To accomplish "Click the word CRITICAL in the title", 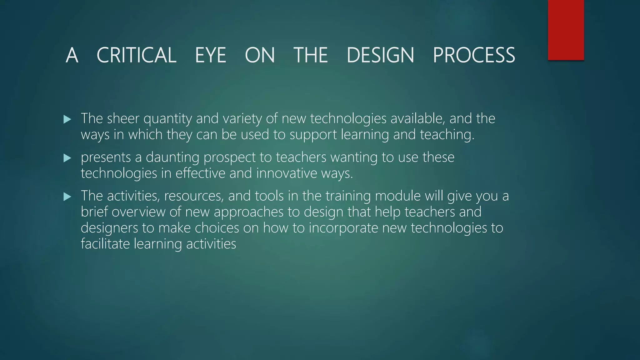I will (137, 55).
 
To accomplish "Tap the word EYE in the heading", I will (210, 55).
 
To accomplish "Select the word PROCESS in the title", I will (474, 55).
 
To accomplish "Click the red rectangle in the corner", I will (566, 30).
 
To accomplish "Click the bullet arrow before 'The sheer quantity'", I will (67, 119).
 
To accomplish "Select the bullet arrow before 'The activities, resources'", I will (67, 197).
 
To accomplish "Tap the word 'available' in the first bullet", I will (417, 118).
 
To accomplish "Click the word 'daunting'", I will (172, 157).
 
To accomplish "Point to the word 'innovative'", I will (287, 173).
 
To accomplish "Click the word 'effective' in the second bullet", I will (200, 173).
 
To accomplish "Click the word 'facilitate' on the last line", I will (105, 244).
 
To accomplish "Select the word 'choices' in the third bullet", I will (217, 228).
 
